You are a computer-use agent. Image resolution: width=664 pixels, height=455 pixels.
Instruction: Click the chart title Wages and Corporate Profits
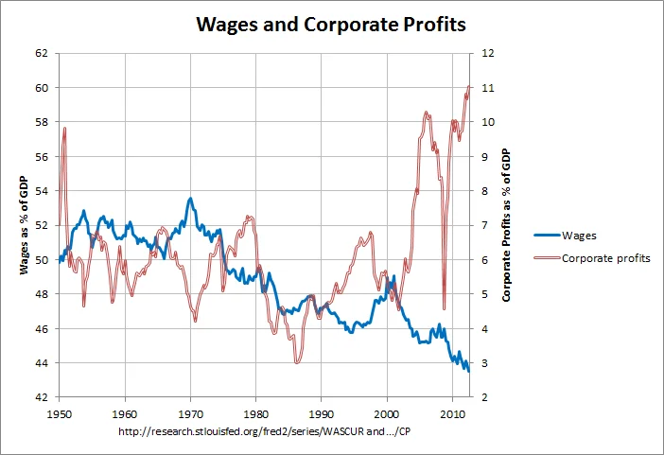point(331,24)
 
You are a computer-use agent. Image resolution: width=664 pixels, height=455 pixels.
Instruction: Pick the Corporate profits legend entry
point(605,258)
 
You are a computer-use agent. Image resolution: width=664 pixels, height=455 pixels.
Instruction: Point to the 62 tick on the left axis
point(41,53)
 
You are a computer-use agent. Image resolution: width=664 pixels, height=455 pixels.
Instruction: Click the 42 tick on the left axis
point(41,397)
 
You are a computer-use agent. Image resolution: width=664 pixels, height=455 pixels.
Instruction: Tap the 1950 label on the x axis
point(60,413)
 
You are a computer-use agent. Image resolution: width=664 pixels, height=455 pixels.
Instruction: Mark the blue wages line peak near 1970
point(190,199)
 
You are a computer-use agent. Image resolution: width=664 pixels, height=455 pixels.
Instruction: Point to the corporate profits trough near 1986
point(296,362)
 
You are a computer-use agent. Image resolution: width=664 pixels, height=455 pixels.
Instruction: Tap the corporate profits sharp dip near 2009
point(445,307)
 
